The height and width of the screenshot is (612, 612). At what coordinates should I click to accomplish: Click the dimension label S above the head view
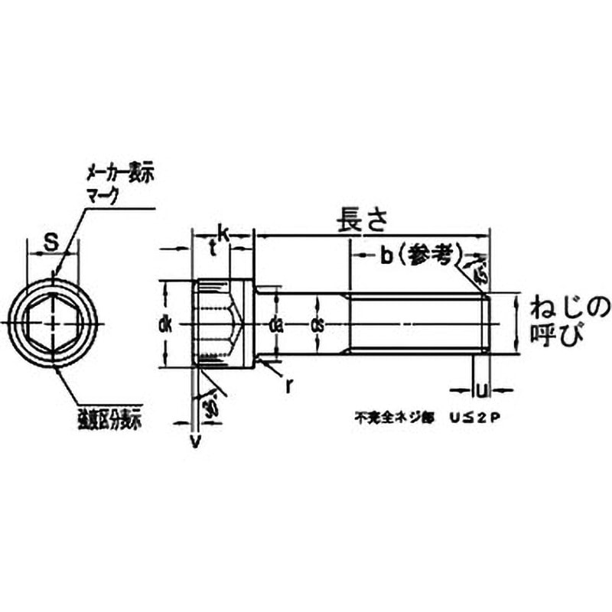coord(50,243)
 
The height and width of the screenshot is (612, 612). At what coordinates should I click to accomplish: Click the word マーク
coord(102,194)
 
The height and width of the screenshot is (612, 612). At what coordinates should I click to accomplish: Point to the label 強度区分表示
coord(111,419)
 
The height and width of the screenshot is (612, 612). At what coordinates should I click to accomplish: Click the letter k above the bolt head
coord(223,231)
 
